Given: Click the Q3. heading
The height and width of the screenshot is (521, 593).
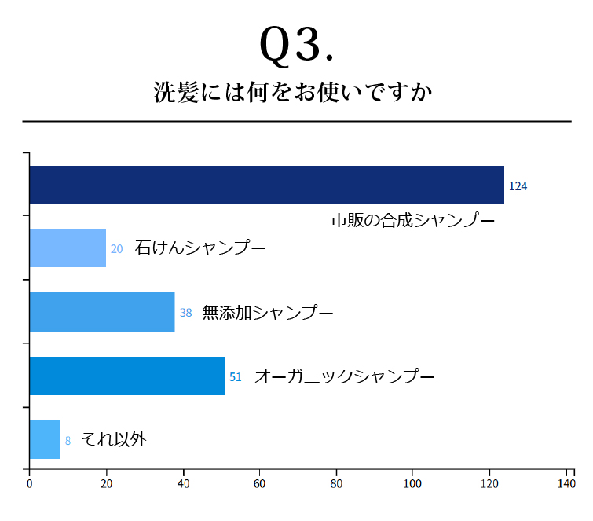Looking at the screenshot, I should click(296, 46).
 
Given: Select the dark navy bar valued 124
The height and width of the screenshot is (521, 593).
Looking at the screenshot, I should click(266, 185).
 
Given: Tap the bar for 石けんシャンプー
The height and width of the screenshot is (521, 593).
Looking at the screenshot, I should click(68, 248).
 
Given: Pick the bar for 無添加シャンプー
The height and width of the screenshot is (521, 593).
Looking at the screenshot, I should click(102, 312).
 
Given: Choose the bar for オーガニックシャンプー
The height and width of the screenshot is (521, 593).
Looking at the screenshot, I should click(127, 376).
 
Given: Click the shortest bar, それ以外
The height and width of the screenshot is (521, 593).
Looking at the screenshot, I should click(45, 440).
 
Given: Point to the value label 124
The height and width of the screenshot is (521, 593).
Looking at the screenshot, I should click(518, 186).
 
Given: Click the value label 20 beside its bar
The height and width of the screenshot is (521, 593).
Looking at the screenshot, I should click(116, 249).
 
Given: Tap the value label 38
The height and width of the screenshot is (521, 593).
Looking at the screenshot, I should click(185, 313).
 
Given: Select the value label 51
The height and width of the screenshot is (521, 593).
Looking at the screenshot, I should click(235, 377).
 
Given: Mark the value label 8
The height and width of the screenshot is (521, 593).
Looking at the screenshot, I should click(68, 441).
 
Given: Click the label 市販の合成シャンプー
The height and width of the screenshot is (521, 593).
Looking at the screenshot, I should click(412, 220).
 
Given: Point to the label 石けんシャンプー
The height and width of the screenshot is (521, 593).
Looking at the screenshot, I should click(200, 248).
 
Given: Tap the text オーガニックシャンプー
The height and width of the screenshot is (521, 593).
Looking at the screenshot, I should click(344, 376).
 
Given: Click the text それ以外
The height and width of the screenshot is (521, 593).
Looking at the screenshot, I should click(114, 439).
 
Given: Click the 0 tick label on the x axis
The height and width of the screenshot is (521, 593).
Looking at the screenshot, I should click(29, 484).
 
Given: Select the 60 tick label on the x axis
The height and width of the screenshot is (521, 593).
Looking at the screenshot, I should click(260, 484).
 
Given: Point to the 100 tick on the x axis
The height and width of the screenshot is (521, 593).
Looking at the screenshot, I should click(413, 484).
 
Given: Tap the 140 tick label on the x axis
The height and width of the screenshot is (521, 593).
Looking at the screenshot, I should click(566, 484).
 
